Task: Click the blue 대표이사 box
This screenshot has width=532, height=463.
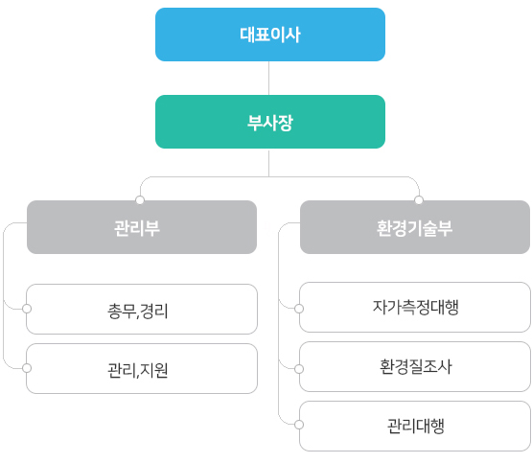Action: click(x=270, y=35)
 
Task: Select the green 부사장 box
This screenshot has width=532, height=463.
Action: click(x=270, y=122)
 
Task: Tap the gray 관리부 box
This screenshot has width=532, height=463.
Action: click(x=142, y=227)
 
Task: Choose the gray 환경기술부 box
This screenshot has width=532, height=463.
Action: click(x=415, y=227)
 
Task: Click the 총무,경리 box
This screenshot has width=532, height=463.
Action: click(x=142, y=309)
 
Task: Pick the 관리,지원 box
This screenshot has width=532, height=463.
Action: click(x=142, y=369)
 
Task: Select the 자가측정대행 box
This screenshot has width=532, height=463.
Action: click(x=415, y=308)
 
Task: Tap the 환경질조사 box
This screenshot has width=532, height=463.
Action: click(x=415, y=367)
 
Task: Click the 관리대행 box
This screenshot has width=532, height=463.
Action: click(x=415, y=427)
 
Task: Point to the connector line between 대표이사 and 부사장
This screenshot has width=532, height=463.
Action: click(x=269, y=79)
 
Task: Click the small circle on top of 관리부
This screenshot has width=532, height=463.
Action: click(x=140, y=200)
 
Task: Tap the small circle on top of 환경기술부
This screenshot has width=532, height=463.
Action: click(x=419, y=200)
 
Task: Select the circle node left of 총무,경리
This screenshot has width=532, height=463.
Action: click(x=27, y=309)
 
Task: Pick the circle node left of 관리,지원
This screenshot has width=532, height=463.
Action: click(x=27, y=368)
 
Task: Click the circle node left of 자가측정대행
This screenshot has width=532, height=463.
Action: click(x=299, y=309)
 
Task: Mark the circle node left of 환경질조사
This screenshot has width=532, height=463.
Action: click(x=299, y=369)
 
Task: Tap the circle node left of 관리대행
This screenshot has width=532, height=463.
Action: click(x=299, y=425)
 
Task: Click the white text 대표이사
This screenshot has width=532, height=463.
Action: click(x=270, y=35)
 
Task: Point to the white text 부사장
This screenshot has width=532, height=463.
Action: click(x=270, y=123)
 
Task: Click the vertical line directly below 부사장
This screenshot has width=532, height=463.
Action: click(x=269, y=163)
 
